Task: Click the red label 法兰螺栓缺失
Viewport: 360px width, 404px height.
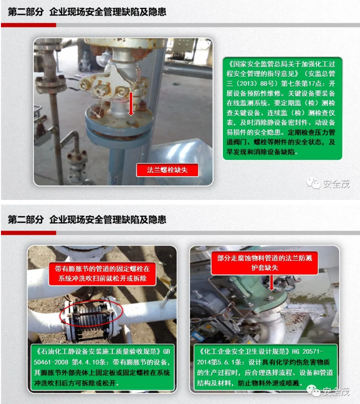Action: (167, 170)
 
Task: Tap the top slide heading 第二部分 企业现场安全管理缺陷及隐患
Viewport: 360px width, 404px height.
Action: (87, 13)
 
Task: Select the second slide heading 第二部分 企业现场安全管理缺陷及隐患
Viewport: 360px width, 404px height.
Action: (87, 220)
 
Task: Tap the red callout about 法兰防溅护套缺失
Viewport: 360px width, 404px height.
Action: (264, 264)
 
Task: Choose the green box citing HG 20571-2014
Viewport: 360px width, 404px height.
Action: (264, 367)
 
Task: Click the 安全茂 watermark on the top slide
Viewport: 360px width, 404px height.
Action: (328, 184)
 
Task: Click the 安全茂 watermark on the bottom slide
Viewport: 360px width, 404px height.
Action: (331, 391)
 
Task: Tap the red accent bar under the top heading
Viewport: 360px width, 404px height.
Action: (28, 25)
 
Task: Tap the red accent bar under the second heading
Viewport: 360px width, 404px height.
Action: (28, 232)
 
